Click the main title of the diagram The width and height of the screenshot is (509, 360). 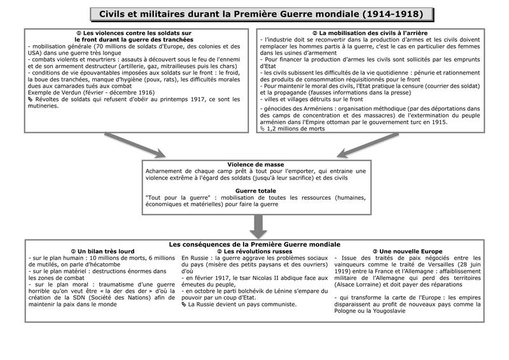(x=261, y=14)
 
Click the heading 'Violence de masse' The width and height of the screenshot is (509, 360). (x=255, y=165)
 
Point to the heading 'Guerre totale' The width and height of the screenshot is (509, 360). (x=255, y=191)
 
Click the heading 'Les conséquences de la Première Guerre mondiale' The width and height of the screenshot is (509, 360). (x=254, y=244)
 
